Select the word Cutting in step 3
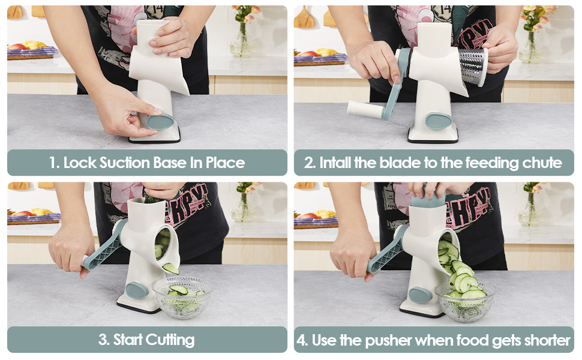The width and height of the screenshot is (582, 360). coord(170,340)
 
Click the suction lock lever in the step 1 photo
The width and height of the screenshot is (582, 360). coord(160,121)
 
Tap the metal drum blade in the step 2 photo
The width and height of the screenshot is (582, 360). coord(473,67)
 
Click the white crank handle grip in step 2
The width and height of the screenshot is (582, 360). coord(365,109)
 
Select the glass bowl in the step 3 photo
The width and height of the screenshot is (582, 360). coord(182,297)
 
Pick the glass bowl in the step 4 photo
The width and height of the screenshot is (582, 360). coord(466,301)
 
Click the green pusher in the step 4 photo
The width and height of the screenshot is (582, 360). coord(428,200)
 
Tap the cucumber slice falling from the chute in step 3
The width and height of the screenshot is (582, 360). coord(170,268)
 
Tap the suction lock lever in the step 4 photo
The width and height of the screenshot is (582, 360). coord(421,295)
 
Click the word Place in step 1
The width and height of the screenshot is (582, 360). coord(226,163)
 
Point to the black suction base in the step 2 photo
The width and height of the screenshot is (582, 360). coord(433,140)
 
